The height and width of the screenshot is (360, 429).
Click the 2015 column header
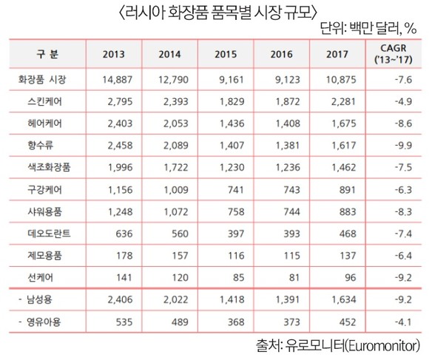tap(226, 55)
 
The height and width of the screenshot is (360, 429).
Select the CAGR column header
tap(393, 54)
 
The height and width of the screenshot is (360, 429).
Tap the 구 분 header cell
tap(47, 54)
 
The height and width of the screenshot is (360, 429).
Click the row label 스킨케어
tap(44, 102)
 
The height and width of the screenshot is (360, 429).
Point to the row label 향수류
tap(40, 146)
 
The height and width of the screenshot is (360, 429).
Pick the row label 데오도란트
tap(49, 234)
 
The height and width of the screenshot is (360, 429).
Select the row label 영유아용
tap(43, 322)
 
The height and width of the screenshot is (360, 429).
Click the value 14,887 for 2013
tap(118, 80)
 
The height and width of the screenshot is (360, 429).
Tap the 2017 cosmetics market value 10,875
tap(341, 80)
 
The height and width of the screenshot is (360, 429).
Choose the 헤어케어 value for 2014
tap(176, 123)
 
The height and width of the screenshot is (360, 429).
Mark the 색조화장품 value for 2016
tap(288, 167)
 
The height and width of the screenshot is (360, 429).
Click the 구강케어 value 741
tap(235, 190)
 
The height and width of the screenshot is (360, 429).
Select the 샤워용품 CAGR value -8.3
tap(403, 211)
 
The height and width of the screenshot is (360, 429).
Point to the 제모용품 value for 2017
tap(348, 256)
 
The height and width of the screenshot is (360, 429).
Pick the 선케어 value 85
tap(238, 278)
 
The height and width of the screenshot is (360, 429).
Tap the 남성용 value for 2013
tap(120, 299)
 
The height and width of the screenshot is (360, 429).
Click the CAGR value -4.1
tap(403, 322)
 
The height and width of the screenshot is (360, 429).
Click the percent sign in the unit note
tap(411, 28)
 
